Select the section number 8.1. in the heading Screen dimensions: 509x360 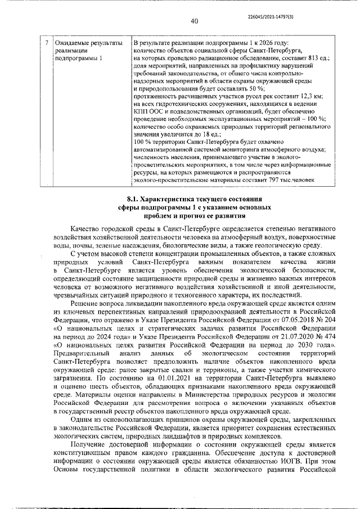136,199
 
